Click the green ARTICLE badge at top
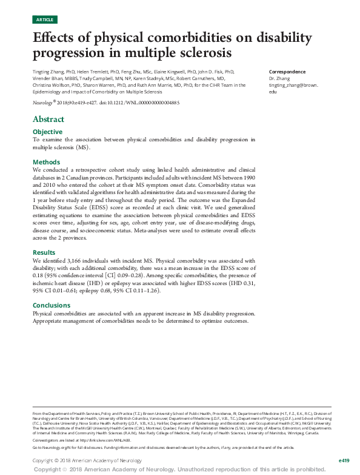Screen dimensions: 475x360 45,19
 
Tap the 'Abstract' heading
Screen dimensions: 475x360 48,119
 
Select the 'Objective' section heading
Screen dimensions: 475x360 47,132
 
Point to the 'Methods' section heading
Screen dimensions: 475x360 46,162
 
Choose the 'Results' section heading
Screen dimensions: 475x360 44,252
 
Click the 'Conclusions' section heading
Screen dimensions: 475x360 52,305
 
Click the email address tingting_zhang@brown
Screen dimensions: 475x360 293,85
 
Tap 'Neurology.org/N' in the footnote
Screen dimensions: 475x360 50,447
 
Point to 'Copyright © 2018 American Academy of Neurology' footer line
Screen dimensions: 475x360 88,460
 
